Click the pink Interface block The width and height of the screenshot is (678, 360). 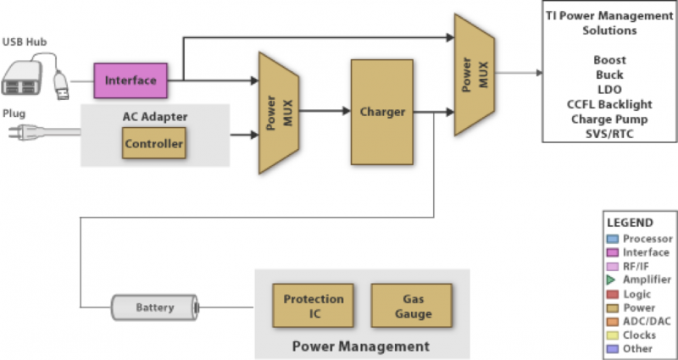[131, 80]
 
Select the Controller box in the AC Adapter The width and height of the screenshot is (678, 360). [154, 143]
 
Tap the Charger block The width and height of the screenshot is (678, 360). [382, 112]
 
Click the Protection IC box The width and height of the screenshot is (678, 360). [313, 306]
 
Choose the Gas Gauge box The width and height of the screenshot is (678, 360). [412, 306]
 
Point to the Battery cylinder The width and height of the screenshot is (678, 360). [155, 307]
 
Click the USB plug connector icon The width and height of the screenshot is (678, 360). [61, 86]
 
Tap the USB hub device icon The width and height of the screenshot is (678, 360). [22, 78]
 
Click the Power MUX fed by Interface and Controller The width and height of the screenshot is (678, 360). [279, 113]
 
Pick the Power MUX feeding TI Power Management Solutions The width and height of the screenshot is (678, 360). [475, 75]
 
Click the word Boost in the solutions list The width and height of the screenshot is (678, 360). [609, 60]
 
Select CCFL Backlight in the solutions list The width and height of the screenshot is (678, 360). [609, 104]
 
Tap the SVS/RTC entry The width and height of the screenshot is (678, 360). [609, 134]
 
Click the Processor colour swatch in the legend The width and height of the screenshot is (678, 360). [613, 239]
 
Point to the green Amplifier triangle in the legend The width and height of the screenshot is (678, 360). [611, 280]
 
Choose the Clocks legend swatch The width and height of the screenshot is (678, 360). [613, 335]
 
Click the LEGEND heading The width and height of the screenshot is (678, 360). [630, 223]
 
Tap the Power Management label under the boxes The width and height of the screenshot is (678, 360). [361, 346]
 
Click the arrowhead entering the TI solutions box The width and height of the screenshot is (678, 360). [539, 73]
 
